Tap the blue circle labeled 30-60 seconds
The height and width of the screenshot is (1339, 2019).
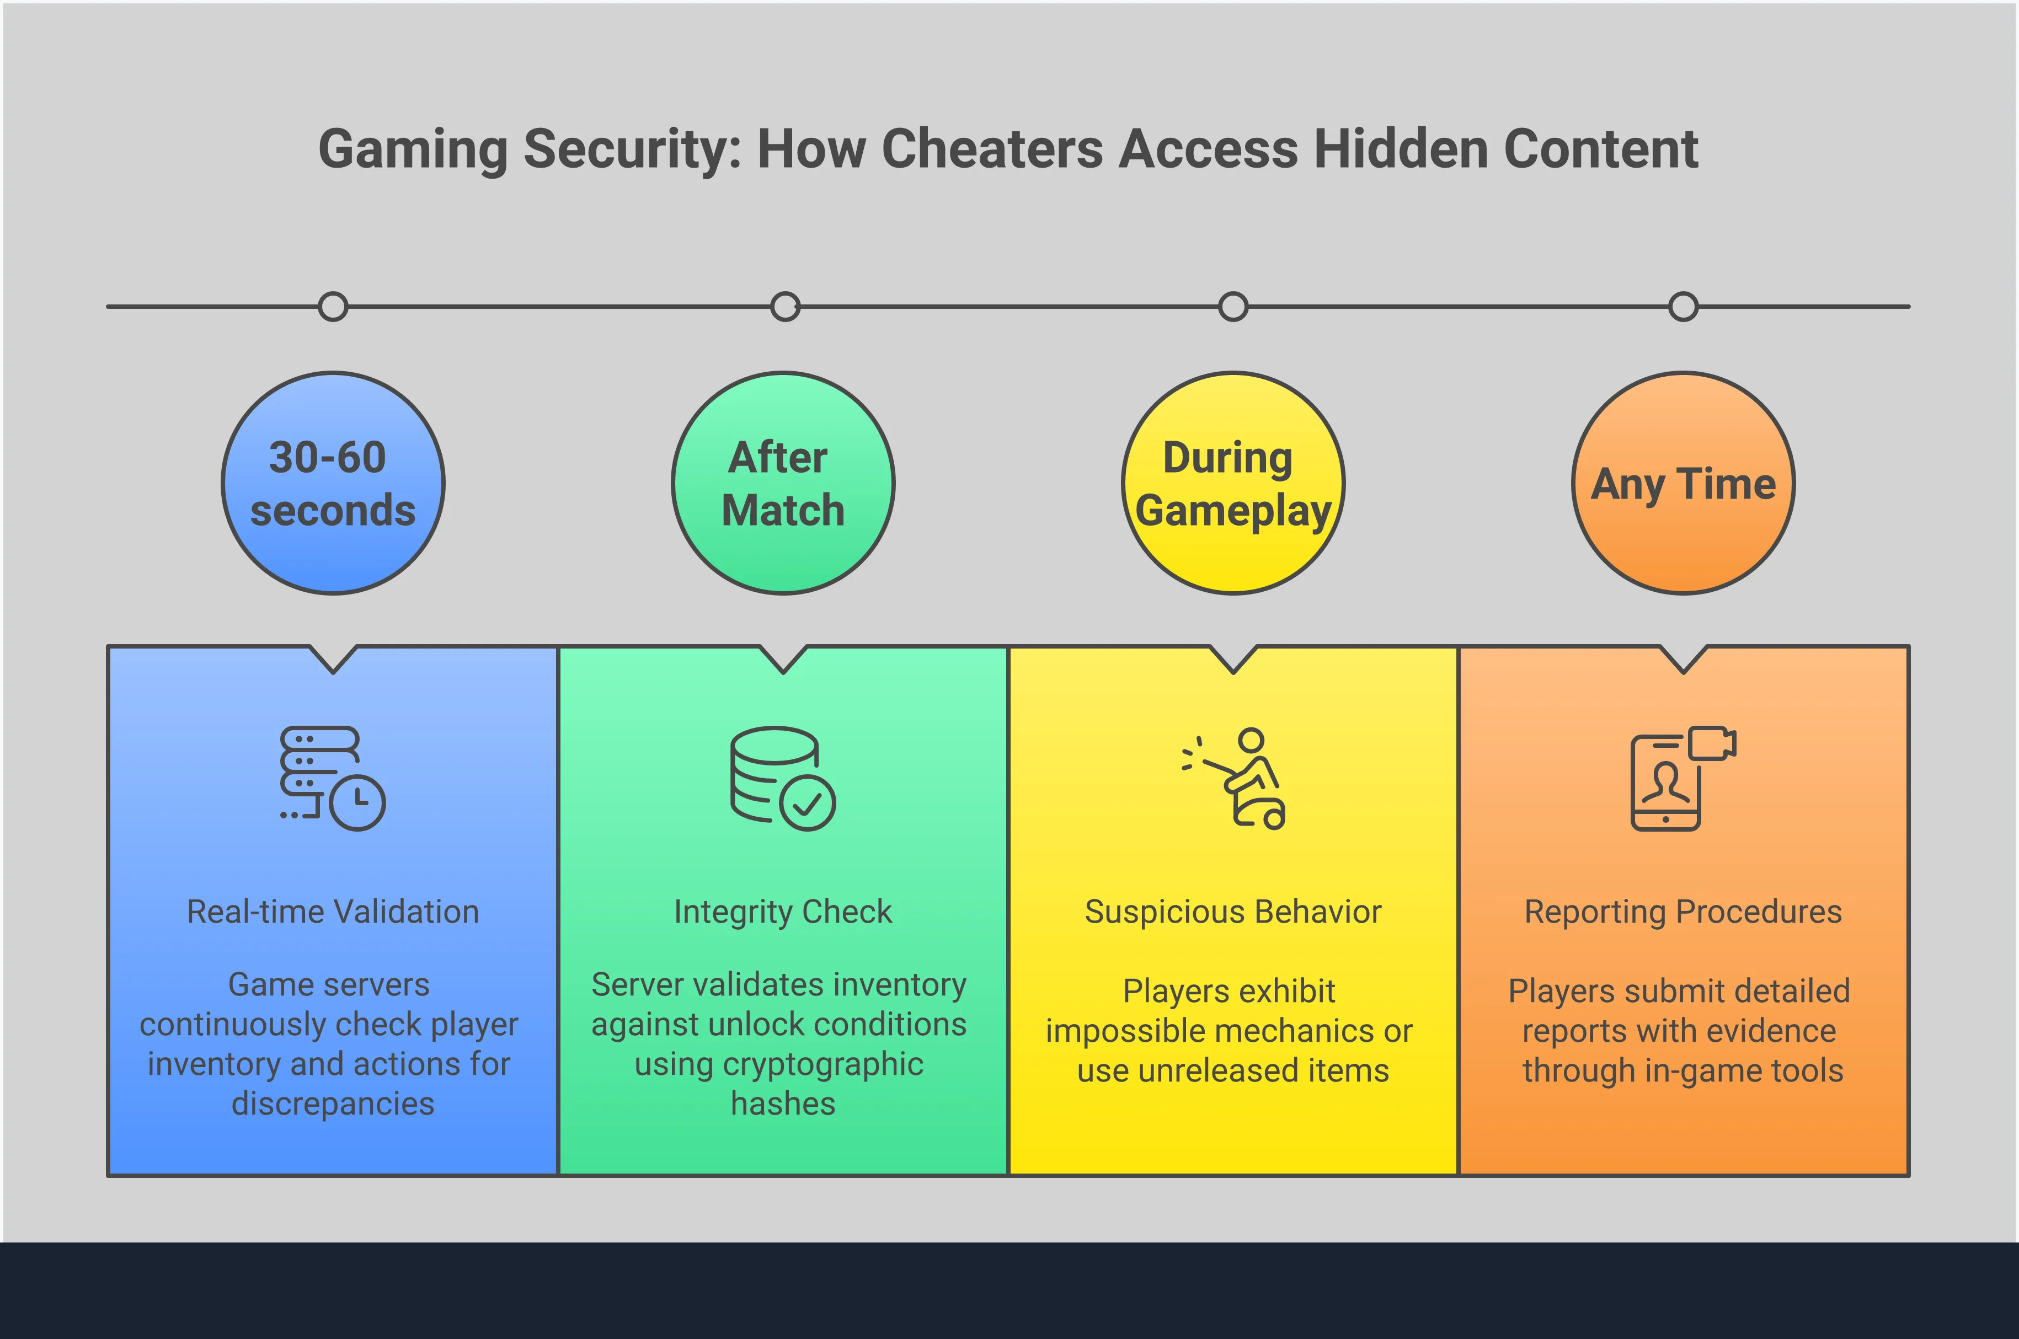pos(333,483)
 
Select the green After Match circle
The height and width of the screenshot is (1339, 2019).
pos(783,483)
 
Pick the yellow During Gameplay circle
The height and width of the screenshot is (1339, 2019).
pos(1233,483)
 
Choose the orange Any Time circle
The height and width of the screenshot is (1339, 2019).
pos(1684,483)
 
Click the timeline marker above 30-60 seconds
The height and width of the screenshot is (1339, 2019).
pos(333,307)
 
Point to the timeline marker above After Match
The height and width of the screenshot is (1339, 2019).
pos(785,307)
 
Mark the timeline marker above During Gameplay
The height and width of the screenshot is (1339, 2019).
pos(1233,307)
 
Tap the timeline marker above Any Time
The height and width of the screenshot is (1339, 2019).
pos(1684,307)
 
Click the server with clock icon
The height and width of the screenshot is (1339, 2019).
pos(333,778)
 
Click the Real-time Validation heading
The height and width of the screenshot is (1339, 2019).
pos(333,912)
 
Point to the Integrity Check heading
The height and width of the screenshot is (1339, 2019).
pos(783,912)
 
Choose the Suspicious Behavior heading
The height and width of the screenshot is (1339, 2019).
pos(1233,912)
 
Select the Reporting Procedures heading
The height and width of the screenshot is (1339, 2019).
pos(1684,912)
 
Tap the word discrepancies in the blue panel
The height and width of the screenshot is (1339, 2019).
pos(333,1104)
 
